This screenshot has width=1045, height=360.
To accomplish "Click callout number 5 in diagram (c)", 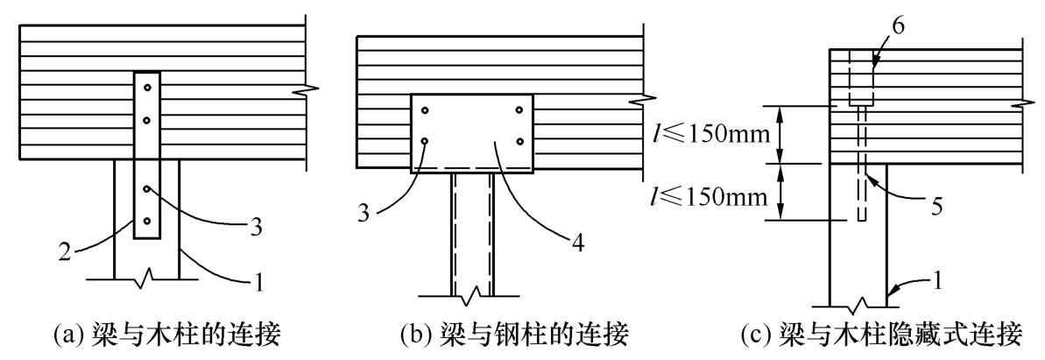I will pos(935,209).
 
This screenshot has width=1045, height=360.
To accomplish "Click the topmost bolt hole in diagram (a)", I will pos(148,88).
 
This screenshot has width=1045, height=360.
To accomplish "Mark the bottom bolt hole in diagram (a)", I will pos(148,221).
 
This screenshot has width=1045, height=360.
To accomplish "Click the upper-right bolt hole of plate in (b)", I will pos(519,110).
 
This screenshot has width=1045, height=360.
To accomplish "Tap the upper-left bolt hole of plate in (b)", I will pos(425,110).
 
